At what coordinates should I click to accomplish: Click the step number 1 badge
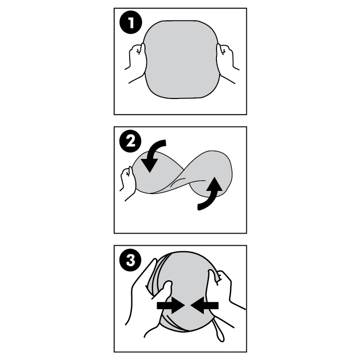[x=131, y=23]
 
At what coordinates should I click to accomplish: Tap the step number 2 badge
[x=131, y=141]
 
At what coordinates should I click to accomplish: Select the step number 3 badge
[x=131, y=260]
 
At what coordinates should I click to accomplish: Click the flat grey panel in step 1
[x=182, y=59]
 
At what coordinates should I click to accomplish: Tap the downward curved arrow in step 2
[x=152, y=154]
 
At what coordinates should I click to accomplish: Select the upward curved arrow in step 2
[x=209, y=194]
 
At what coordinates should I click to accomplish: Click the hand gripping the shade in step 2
[x=128, y=183]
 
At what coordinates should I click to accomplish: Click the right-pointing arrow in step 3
[x=170, y=305]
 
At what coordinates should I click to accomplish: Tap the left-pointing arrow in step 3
[x=204, y=305]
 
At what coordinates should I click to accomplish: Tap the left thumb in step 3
[x=166, y=290]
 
